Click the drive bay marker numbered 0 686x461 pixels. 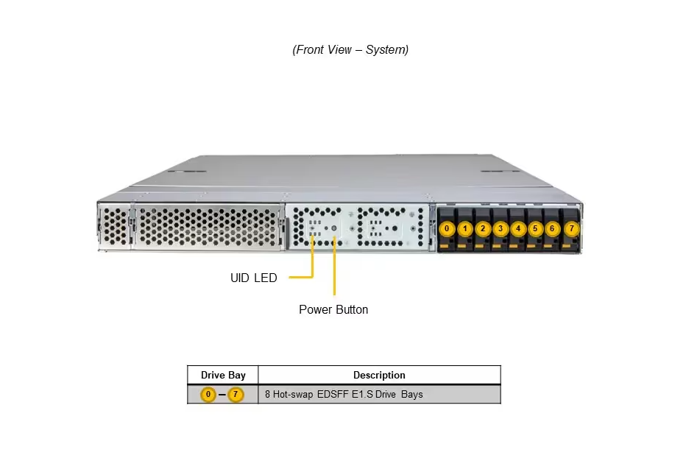447,229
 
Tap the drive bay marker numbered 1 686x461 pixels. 464,229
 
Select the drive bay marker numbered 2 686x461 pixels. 482,229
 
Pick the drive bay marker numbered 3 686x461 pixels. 501,229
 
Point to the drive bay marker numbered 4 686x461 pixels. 518,229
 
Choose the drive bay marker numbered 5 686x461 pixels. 536,229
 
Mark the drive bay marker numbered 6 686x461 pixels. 553,229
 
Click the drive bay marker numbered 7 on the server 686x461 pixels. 571,229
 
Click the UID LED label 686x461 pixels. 254,278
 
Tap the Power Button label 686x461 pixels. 333,310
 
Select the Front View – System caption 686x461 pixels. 350,50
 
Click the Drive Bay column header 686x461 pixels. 223,376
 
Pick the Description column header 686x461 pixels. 379,376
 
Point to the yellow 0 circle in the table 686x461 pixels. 209,395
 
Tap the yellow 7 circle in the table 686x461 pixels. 236,395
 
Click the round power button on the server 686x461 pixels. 335,229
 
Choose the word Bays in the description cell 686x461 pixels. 413,395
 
